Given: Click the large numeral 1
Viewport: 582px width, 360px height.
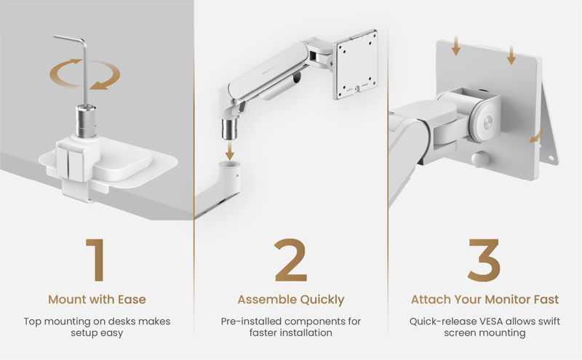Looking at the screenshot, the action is click(x=96, y=260).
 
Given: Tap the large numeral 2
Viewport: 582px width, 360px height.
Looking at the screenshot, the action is click(x=290, y=260).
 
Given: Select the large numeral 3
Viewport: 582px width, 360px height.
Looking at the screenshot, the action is click(x=484, y=260).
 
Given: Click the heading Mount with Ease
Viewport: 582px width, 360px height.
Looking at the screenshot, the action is click(x=97, y=300).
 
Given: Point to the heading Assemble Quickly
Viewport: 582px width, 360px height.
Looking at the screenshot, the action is click(x=291, y=300).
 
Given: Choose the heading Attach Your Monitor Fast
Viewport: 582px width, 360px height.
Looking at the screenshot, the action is click(x=485, y=300).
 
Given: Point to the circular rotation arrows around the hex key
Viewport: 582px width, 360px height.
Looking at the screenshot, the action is click(x=85, y=74).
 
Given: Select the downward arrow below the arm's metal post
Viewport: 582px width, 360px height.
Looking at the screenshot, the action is click(x=230, y=151).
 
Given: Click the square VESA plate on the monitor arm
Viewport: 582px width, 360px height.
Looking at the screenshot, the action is click(x=356, y=65).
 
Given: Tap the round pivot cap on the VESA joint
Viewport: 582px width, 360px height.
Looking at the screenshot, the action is click(x=487, y=121).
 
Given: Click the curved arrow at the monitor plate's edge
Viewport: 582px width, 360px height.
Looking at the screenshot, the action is click(x=536, y=135).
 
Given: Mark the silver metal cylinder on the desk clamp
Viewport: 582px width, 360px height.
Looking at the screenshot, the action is click(x=86, y=121).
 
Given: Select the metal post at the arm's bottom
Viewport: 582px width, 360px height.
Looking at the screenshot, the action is click(x=230, y=129).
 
